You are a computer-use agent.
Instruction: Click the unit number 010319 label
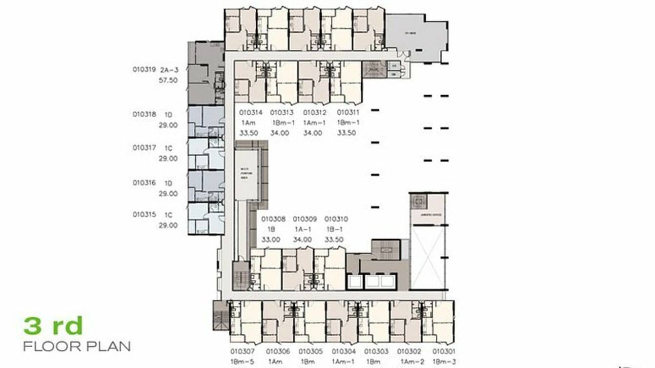[x=144, y=70]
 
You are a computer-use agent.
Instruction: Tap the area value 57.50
[x=168, y=81]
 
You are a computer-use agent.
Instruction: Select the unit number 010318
[x=144, y=115]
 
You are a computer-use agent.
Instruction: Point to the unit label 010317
[x=144, y=147]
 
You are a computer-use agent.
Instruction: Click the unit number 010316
[x=144, y=183]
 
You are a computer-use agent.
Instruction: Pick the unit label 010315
[x=144, y=214]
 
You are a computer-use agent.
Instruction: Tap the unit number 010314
[x=251, y=113]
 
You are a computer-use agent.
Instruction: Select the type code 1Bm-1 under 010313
[x=282, y=123]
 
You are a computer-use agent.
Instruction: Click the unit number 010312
[x=315, y=113]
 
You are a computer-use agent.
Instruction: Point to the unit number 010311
[x=348, y=113]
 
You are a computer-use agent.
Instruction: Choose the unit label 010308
[x=273, y=220]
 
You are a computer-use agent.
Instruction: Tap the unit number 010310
[x=336, y=220]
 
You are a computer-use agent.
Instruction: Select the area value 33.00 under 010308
[x=271, y=240]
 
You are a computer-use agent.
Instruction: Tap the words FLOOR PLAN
[x=77, y=347]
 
